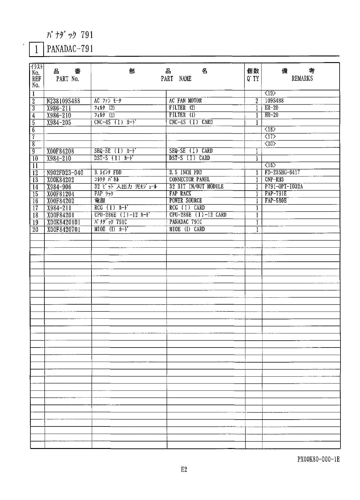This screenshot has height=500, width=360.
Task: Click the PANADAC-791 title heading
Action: pyautogui.click(x=70, y=49)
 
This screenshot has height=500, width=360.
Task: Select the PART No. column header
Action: pyautogui.click(x=67, y=79)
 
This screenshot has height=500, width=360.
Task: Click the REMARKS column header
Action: pyautogui.click(x=302, y=78)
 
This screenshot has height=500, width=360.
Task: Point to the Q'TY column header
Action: pyautogui.click(x=253, y=79)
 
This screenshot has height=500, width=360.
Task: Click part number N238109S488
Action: pyautogui.click(x=64, y=101)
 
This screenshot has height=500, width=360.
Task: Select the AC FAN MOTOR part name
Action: pyautogui.click(x=185, y=101)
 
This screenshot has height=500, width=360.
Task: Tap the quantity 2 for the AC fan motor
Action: pyautogui.click(x=257, y=101)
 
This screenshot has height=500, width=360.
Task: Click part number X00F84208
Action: pyautogui.click(x=61, y=151)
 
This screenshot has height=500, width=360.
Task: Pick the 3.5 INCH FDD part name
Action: pyautogui.click(x=185, y=172)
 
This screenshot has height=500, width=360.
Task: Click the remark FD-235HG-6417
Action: pyautogui.click(x=282, y=172)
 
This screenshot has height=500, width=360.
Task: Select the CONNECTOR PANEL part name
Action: pyautogui.click(x=189, y=179)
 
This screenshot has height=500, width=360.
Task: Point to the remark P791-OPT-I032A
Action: pyautogui.click(x=284, y=187)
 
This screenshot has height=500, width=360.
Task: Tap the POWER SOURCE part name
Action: pyautogui.click(x=185, y=200)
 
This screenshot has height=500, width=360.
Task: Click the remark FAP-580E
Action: pyautogui.click(x=276, y=200)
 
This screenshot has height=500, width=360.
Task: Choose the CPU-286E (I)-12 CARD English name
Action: pyautogui.click(x=198, y=215)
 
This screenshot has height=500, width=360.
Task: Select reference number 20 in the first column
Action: pyautogui.click(x=35, y=230)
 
